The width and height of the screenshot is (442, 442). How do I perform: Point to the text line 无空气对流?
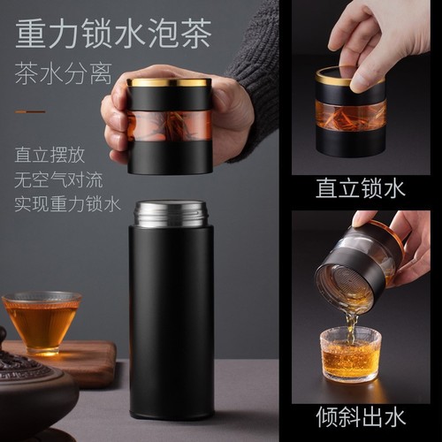click(x=57, y=179)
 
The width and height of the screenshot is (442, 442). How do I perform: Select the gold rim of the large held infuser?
click(x=168, y=82)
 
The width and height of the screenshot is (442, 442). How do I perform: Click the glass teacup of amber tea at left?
click(x=41, y=317)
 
